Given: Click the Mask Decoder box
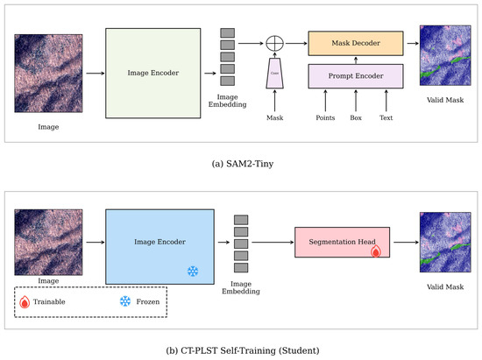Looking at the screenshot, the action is (x=356, y=43).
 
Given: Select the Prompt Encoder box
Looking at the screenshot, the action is (x=356, y=76).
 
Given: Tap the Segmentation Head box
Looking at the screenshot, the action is (x=342, y=242).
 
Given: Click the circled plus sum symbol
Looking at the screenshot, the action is (x=274, y=43).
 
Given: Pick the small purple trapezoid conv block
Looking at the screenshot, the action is (x=274, y=73).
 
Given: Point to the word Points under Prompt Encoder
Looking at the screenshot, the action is (x=325, y=117).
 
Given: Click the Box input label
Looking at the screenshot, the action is (x=356, y=117).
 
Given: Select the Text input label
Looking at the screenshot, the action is (x=386, y=117).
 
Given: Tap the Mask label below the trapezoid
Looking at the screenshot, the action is (x=275, y=117).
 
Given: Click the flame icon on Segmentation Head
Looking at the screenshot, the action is (x=376, y=251).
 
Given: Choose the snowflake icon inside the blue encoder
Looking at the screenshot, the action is (x=193, y=272).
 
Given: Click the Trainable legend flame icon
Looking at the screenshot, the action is (x=25, y=302).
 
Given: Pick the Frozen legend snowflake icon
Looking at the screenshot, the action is (x=125, y=301).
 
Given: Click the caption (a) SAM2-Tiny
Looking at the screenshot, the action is (x=243, y=164).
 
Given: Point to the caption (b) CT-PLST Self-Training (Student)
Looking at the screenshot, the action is (x=243, y=350).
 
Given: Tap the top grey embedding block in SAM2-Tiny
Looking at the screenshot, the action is (x=228, y=33).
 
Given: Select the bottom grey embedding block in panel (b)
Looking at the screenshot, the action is (x=241, y=267).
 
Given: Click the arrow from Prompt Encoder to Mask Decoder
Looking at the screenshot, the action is (x=356, y=60).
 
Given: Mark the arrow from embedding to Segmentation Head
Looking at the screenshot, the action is (x=273, y=243).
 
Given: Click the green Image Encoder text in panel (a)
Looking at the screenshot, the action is (x=153, y=73).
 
